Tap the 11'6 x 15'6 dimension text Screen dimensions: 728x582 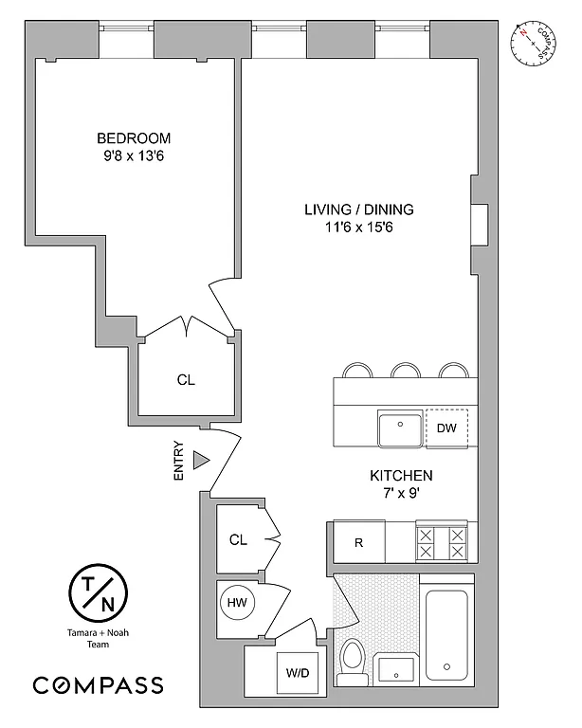[x=359, y=228]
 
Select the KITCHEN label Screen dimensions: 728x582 [x=401, y=475]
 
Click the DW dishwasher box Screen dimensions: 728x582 [x=446, y=428]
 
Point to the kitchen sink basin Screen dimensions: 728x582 [x=400, y=429]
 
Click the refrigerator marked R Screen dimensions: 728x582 [x=358, y=543]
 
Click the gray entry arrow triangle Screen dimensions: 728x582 [x=200, y=460]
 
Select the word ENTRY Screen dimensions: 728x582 [x=179, y=464]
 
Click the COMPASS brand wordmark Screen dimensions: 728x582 [x=99, y=684]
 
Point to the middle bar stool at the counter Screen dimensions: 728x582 [x=406, y=371]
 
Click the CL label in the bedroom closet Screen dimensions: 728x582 [x=186, y=380]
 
